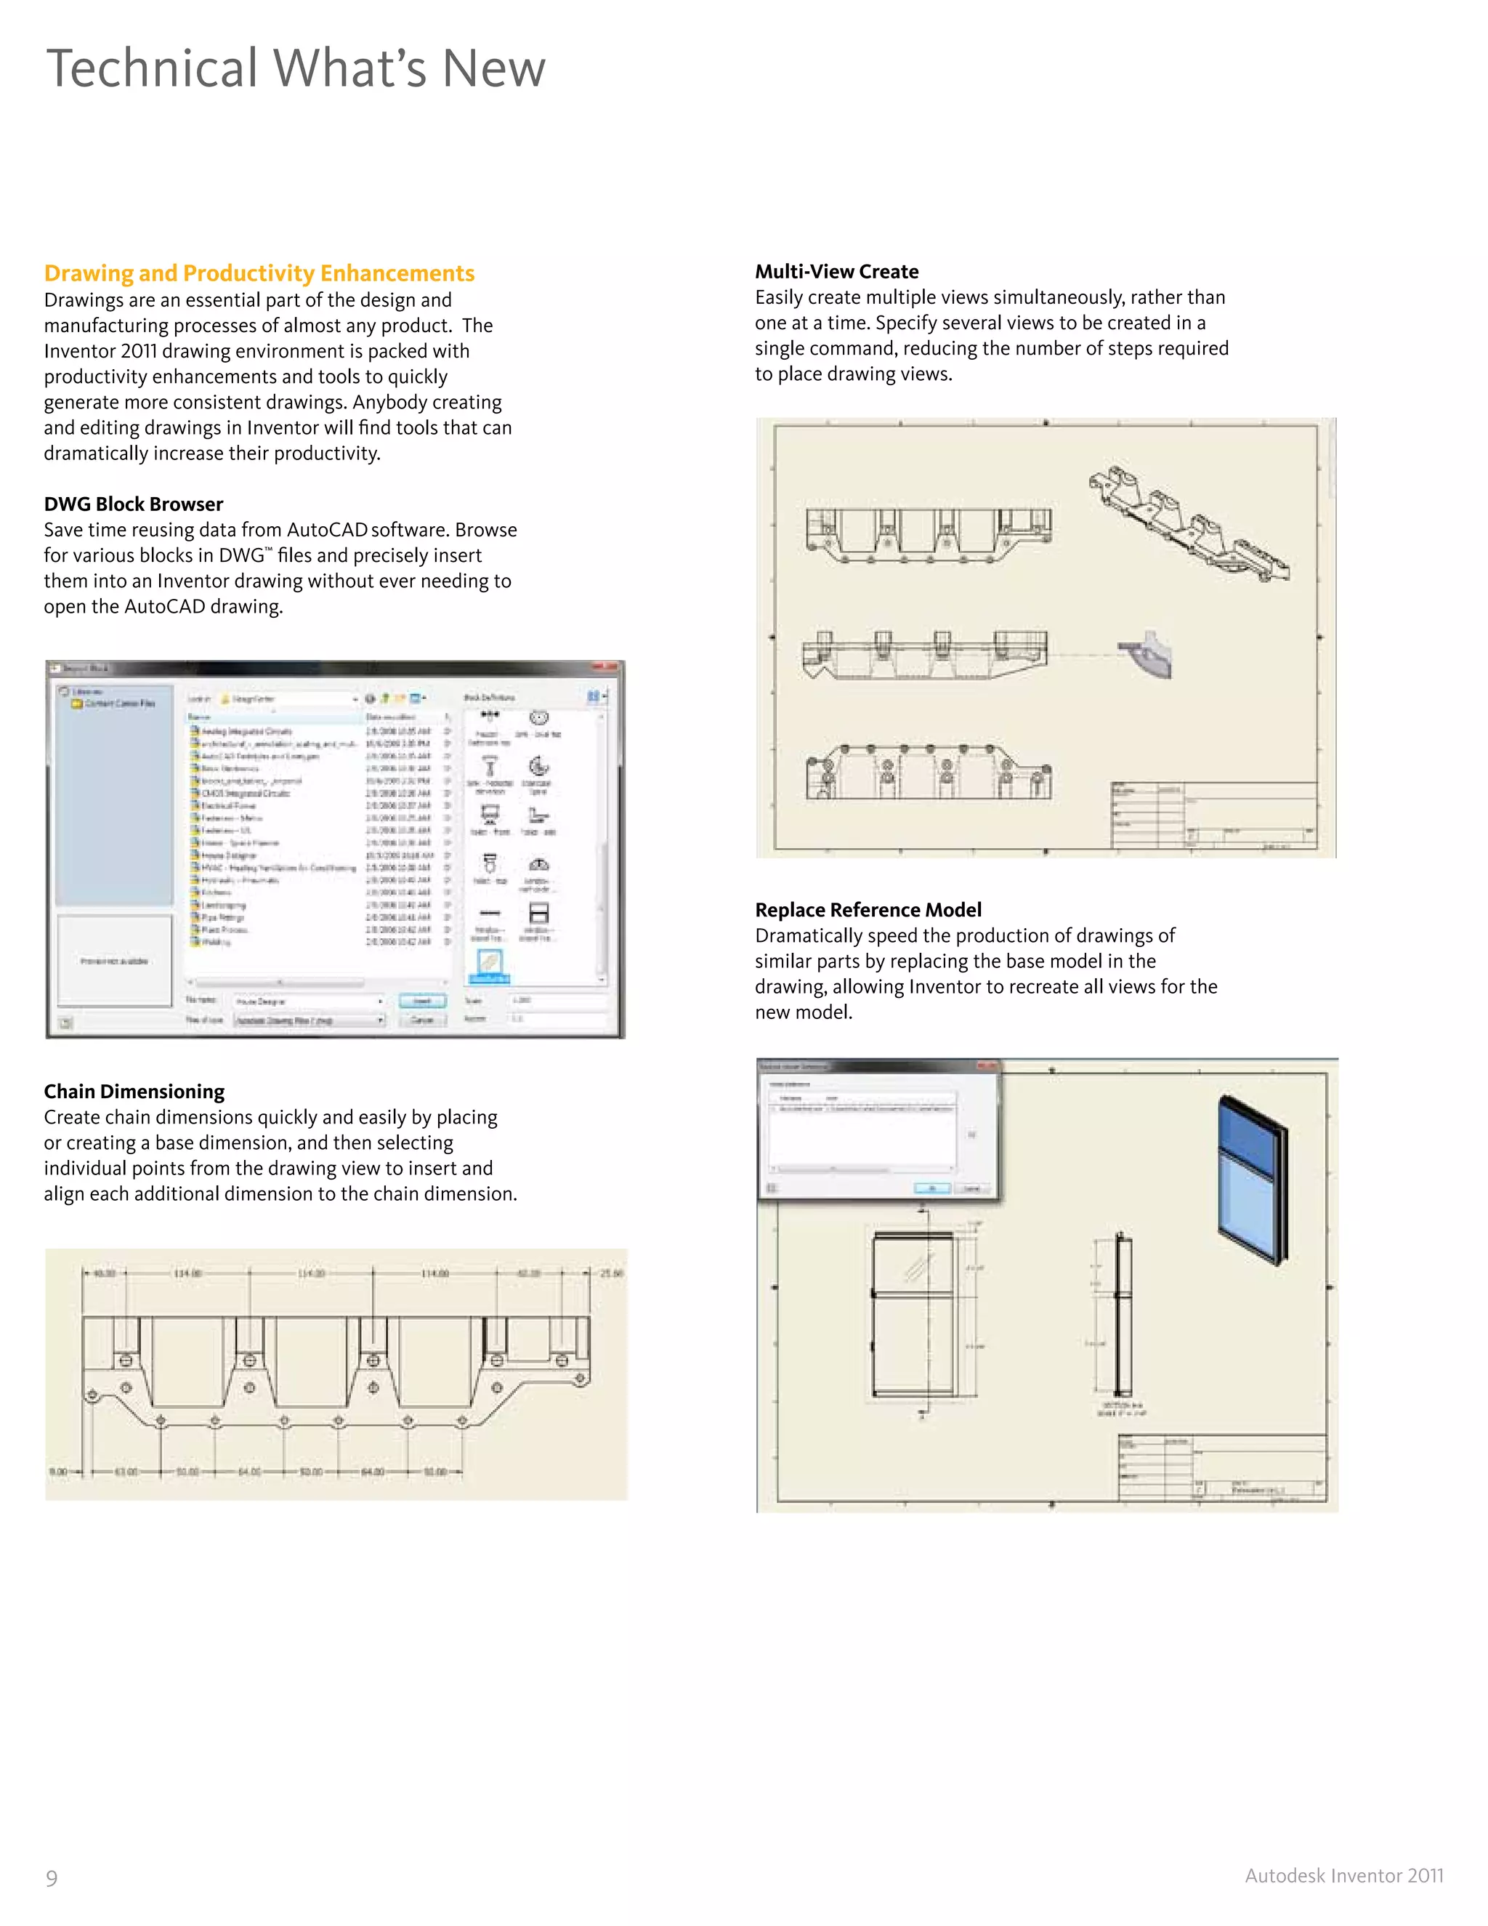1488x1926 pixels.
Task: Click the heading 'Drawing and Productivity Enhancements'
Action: pyautogui.click(x=259, y=273)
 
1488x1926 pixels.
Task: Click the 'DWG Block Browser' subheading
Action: pyautogui.click(x=133, y=504)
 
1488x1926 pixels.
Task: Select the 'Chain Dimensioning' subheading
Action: pyautogui.click(x=134, y=1092)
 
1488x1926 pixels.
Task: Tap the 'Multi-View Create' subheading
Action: pyautogui.click(x=836, y=272)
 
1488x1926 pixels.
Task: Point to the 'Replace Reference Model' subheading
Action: pyautogui.click(x=868, y=910)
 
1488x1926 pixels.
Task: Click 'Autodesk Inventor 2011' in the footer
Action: pyautogui.click(x=1343, y=1876)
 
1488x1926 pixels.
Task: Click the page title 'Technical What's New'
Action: pyautogui.click(x=295, y=69)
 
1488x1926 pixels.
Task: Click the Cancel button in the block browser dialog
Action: pyautogui.click(x=422, y=1020)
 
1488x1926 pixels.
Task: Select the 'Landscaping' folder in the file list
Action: pyautogui.click(x=225, y=905)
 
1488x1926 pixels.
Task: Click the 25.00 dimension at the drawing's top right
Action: pyautogui.click(x=611, y=1273)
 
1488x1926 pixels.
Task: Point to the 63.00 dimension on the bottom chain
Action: pyautogui.click(x=126, y=1472)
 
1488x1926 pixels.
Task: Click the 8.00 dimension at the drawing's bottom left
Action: pyautogui.click(x=57, y=1472)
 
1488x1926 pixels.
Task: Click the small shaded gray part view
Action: pyautogui.click(x=1148, y=654)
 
